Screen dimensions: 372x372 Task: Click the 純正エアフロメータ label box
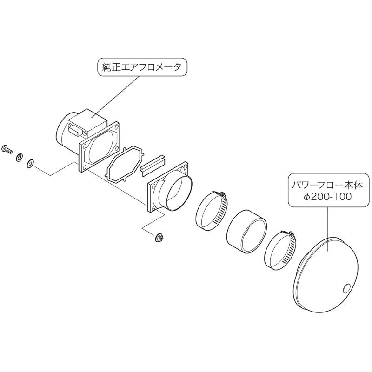[142, 67]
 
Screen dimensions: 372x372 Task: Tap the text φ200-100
[328, 197]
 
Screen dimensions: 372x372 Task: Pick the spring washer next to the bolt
[19, 158]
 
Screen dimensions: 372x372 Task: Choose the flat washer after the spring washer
[30, 163]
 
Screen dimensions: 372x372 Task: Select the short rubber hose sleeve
[247, 232]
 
